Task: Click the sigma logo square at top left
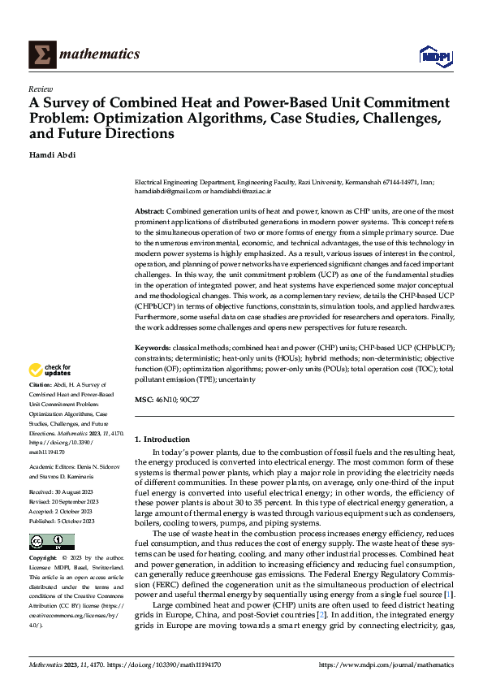41,54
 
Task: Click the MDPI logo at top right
433,54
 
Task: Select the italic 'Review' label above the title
41,89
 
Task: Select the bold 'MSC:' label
144,400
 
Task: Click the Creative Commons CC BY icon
51,542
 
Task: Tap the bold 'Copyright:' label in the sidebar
43,559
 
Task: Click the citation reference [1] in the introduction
449,595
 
